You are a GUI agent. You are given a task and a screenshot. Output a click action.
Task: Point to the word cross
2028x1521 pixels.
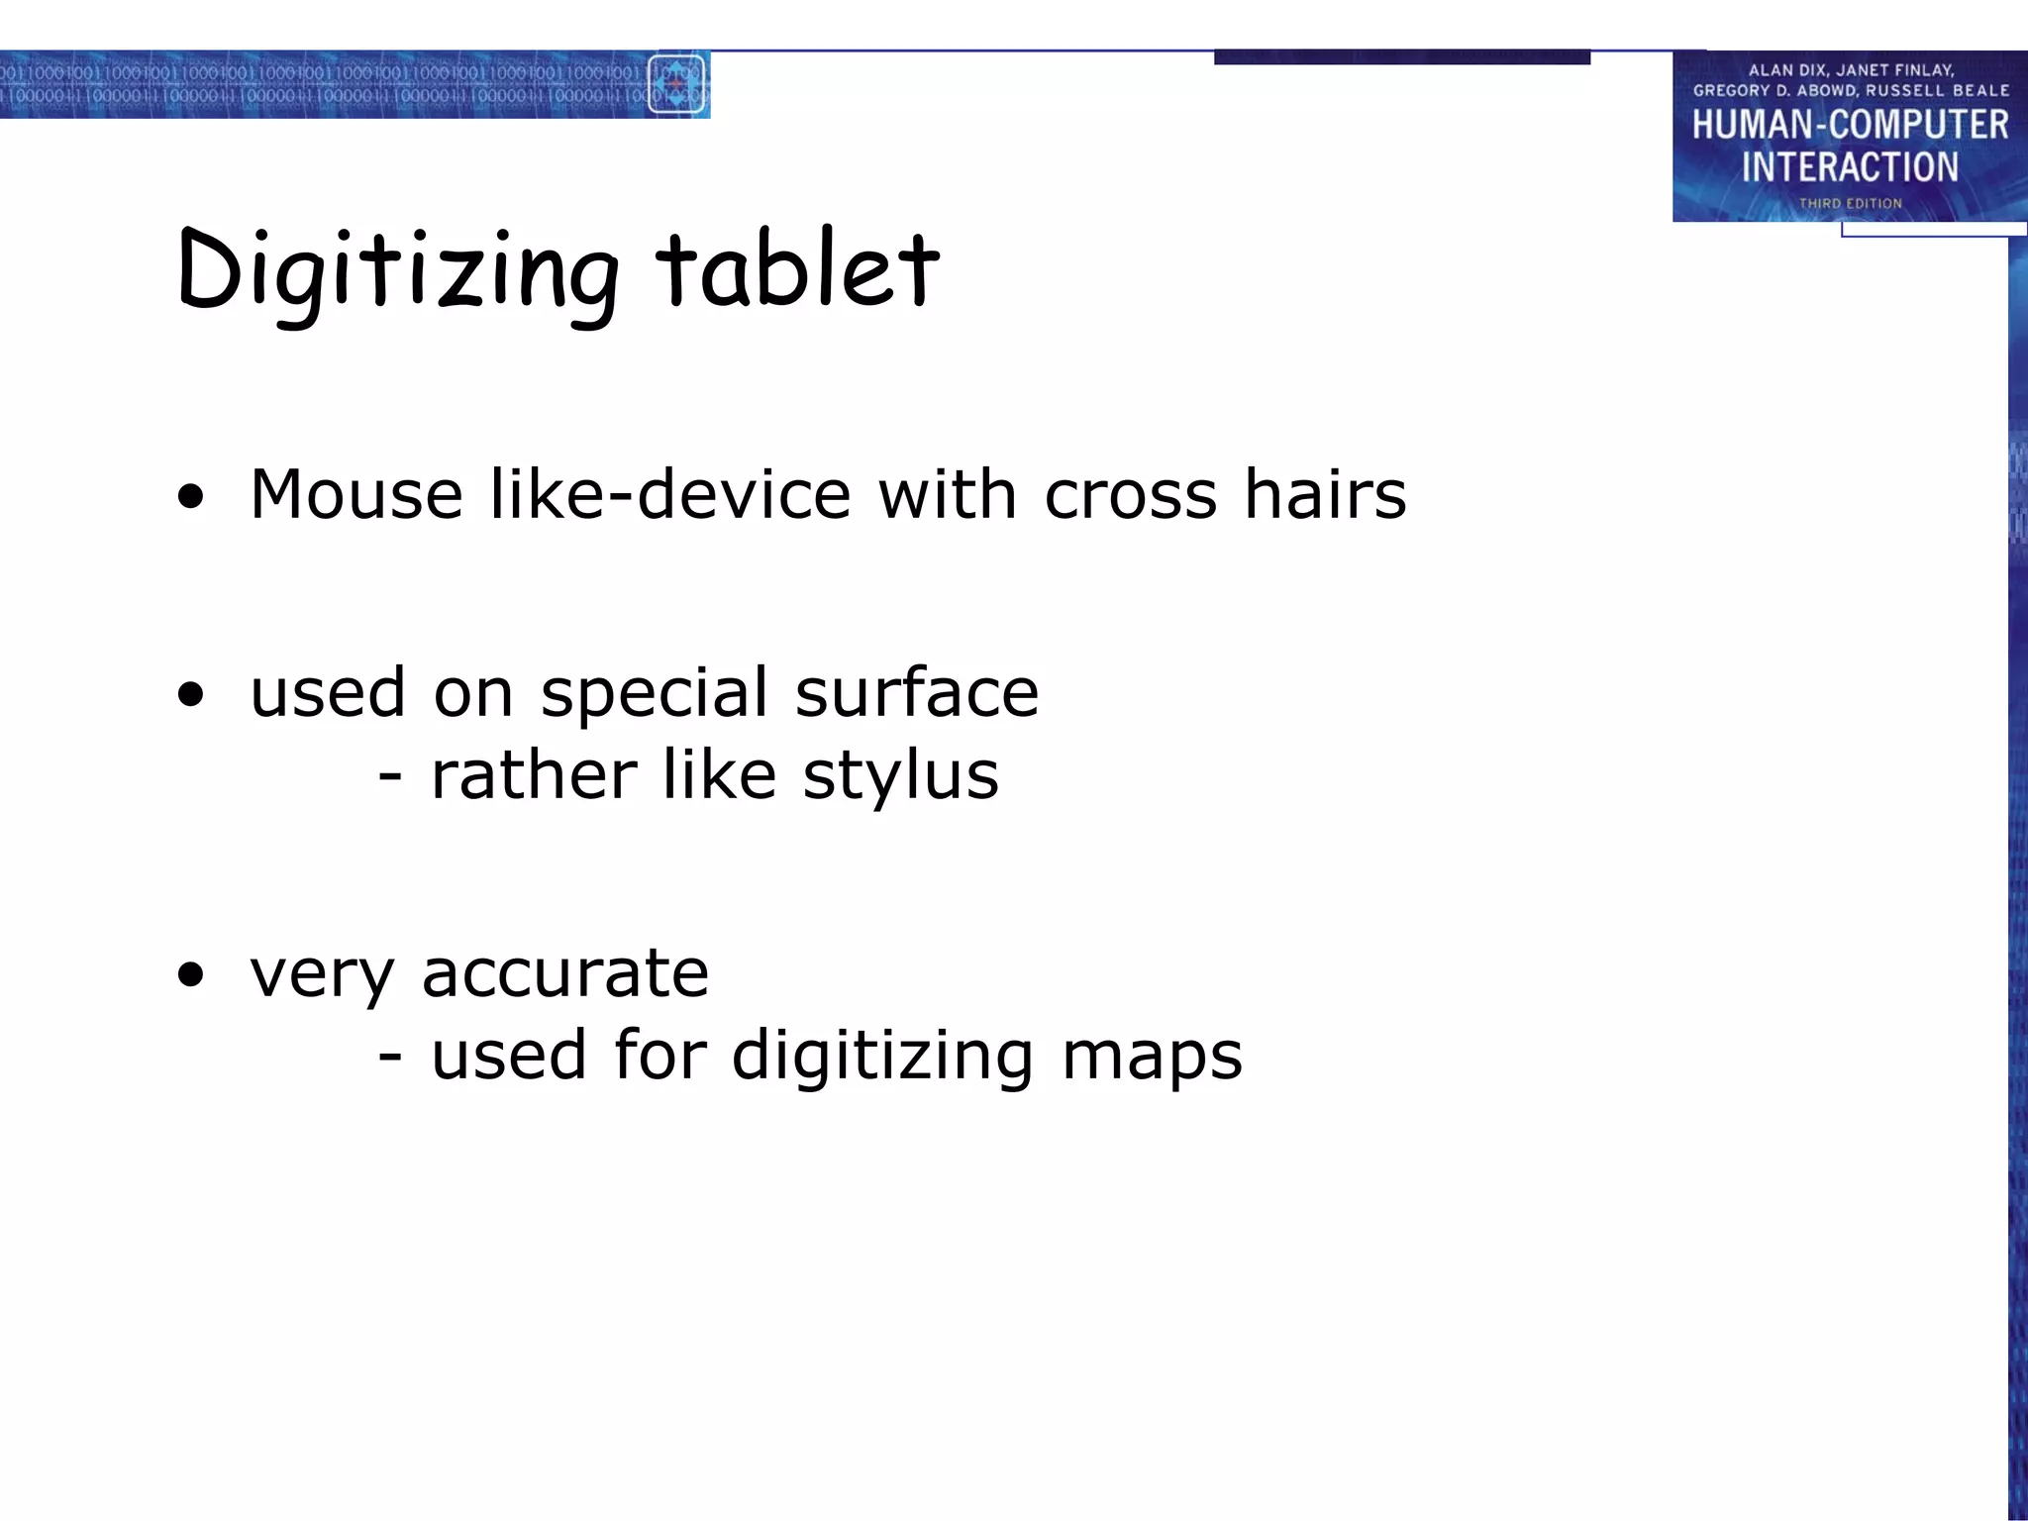click(1130, 495)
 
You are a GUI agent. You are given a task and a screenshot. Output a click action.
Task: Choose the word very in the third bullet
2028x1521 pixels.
click(322, 974)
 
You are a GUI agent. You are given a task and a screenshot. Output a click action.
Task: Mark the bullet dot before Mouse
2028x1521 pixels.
click(190, 497)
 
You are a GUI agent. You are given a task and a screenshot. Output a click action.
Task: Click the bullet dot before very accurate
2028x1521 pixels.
click(190, 975)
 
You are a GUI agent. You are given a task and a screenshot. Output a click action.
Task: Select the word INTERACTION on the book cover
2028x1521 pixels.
click(1850, 167)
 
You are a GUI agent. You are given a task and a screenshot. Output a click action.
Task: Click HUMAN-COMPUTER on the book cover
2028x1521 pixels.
click(1850, 125)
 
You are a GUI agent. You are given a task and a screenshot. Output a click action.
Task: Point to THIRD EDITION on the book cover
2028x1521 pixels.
click(1850, 203)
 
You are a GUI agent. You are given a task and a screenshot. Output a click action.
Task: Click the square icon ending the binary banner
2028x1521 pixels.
click(676, 84)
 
